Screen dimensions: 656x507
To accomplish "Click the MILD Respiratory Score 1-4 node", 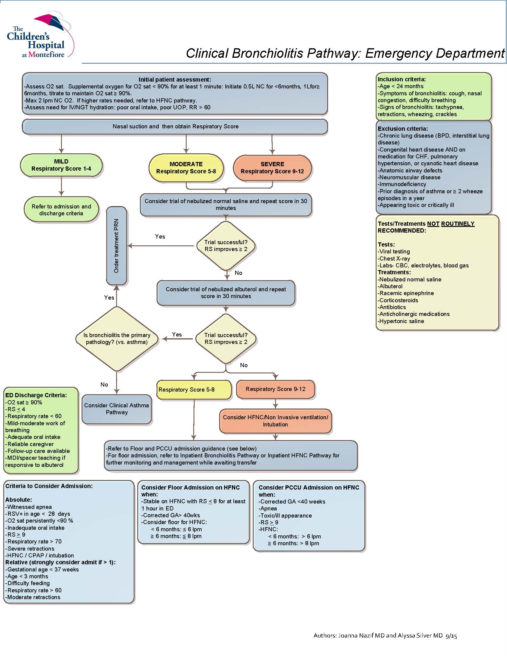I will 61,165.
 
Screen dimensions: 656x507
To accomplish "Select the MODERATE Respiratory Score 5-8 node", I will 186,168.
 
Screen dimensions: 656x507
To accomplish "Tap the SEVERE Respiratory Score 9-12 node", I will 272,168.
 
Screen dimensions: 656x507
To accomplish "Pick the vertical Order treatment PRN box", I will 116,246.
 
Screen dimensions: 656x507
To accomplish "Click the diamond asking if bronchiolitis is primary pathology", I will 116,339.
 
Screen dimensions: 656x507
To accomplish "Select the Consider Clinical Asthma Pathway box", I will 116,409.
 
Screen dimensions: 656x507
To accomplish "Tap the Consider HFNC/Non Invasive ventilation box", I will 275,421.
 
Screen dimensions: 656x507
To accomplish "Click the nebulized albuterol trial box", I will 226,292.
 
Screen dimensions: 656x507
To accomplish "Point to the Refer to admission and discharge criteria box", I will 61,210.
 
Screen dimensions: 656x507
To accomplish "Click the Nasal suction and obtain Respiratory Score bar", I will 175,127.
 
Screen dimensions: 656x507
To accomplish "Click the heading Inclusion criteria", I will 402,79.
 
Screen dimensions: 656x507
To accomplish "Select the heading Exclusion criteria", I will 403,129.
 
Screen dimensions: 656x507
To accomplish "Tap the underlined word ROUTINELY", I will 458,224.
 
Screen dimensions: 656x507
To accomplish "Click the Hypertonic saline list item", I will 402,321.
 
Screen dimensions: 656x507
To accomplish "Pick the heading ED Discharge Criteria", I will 36,395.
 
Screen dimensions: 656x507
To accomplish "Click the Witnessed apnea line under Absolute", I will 29,507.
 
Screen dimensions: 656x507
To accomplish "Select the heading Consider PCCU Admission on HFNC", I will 308,487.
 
